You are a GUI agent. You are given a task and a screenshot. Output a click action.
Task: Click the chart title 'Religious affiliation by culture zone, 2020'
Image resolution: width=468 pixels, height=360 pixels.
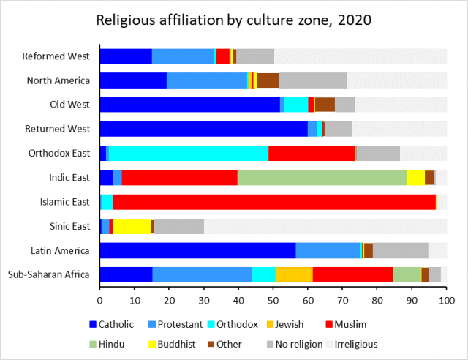234,20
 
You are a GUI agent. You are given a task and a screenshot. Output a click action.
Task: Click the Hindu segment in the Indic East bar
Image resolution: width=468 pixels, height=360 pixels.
322,178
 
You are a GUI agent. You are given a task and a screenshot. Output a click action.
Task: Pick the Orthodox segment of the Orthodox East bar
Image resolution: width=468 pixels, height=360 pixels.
189,153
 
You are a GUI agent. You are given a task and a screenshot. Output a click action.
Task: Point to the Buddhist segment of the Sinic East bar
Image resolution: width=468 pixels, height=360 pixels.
132,226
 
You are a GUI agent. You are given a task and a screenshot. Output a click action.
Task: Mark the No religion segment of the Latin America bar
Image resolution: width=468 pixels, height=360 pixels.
400,250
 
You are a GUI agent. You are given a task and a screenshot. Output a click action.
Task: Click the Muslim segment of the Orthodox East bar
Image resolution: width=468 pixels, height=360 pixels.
312,153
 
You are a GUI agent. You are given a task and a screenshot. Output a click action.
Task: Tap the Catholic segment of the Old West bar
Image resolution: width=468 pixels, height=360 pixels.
189,105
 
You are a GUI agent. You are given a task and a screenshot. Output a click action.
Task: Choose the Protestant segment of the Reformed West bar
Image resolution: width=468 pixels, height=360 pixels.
182,56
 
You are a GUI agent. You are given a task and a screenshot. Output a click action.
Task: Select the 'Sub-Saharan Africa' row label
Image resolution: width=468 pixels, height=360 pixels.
48,274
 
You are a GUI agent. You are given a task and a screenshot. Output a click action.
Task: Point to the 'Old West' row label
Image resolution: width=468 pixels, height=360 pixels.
70,105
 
